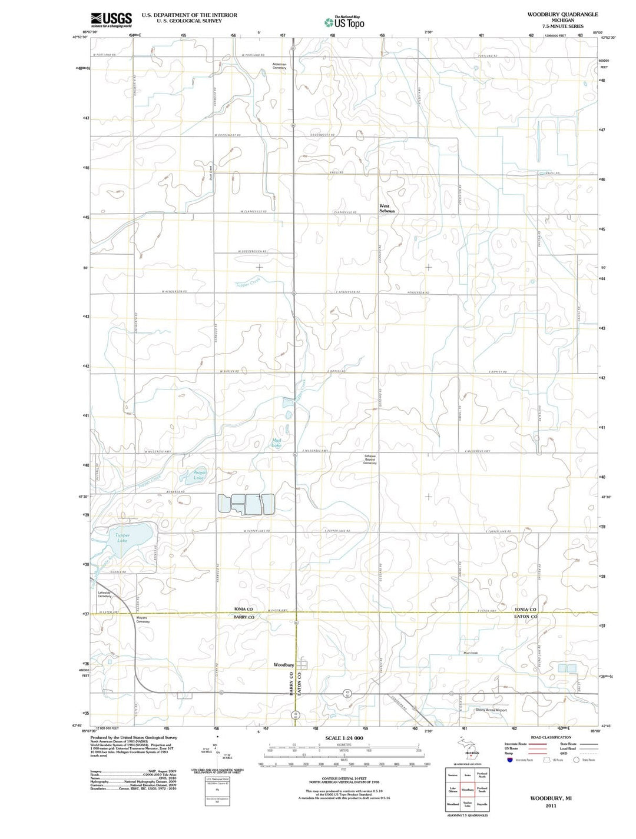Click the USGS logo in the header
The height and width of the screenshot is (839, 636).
coord(111,20)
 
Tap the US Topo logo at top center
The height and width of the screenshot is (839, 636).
coord(344,22)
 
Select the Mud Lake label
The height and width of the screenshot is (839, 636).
coord(276,443)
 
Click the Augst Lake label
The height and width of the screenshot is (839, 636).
coord(199,475)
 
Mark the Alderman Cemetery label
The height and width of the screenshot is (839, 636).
coord(279,66)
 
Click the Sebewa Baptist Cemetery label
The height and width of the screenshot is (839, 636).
coord(370,460)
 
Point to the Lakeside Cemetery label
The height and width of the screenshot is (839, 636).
coord(105,594)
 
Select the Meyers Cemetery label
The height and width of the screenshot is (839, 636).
coord(143,620)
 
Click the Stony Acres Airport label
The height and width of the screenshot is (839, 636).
coord(491,710)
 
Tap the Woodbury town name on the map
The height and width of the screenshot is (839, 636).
coord(283,665)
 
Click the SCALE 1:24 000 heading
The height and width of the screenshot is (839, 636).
coord(344,738)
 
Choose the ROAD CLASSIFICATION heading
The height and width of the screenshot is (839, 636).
coord(551,737)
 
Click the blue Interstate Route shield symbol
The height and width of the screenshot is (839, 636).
coord(509,760)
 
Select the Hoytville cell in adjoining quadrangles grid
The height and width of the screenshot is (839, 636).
coord(482,804)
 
